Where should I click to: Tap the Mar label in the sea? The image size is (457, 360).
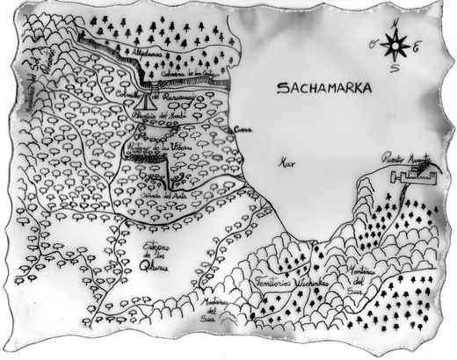point(284,163)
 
